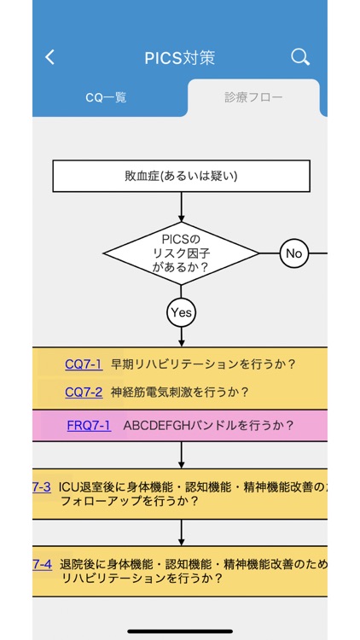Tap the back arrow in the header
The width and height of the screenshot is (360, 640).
(x=49, y=57)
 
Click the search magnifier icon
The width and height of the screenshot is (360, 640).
(x=299, y=57)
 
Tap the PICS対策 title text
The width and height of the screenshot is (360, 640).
(x=180, y=57)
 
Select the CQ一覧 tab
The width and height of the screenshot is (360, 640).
(x=107, y=98)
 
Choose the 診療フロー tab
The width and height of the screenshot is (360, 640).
(x=253, y=98)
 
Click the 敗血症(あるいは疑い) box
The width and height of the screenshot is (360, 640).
(x=181, y=177)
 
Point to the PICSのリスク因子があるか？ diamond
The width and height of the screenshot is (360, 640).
(x=181, y=253)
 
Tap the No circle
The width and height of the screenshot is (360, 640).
(x=293, y=253)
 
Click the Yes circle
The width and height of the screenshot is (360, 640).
(x=181, y=312)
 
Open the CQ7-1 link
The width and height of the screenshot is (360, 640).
(x=84, y=364)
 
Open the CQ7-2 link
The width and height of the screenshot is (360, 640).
(x=84, y=393)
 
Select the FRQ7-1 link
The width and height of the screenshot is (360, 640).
(x=89, y=425)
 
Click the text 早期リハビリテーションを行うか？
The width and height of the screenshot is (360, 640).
(x=203, y=364)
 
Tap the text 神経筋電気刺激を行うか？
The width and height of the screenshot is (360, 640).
(x=180, y=393)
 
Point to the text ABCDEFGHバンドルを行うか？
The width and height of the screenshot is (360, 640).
(x=209, y=425)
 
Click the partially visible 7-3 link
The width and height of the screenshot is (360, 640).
(x=42, y=487)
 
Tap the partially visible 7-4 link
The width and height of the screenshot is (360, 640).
(x=42, y=564)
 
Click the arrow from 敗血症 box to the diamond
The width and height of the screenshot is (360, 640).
(x=181, y=207)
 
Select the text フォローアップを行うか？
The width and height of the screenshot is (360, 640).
(x=130, y=502)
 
